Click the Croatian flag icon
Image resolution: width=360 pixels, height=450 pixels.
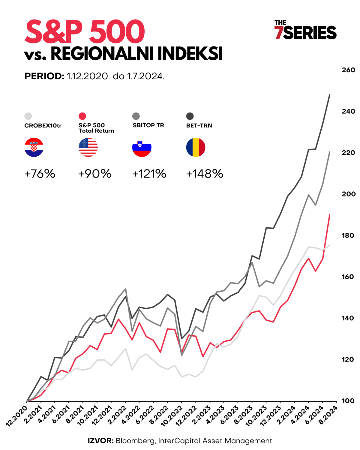click(x=34, y=147)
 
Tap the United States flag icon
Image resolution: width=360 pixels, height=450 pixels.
click(x=88, y=147)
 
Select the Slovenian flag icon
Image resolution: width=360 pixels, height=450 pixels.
click(x=142, y=147)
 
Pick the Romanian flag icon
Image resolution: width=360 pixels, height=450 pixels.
click(x=196, y=147)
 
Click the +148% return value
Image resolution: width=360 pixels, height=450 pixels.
click(x=205, y=174)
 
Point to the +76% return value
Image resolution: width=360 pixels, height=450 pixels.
click(x=40, y=174)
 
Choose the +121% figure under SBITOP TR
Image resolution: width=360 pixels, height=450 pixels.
click(x=149, y=174)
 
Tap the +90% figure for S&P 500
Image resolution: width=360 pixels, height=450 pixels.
click(x=95, y=174)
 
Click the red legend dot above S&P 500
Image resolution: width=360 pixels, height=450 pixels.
click(x=82, y=116)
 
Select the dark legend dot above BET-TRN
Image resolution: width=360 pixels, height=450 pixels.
click(x=190, y=116)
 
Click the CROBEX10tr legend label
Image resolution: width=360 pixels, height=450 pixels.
click(x=43, y=126)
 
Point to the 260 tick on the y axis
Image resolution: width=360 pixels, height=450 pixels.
click(x=348, y=70)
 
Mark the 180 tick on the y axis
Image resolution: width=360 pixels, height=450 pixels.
click(x=348, y=235)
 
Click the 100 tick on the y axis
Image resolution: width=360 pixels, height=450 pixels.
click(x=348, y=401)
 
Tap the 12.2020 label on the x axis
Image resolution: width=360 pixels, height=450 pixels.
click(x=17, y=415)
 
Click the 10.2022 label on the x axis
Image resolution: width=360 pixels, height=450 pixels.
click(x=171, y=415)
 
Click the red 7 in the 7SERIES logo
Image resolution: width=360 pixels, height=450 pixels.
click(x=279, y=33)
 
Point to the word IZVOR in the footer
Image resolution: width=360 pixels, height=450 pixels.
click(x=100, y=441)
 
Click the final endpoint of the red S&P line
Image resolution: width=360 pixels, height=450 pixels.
click(x=330, y=215)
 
